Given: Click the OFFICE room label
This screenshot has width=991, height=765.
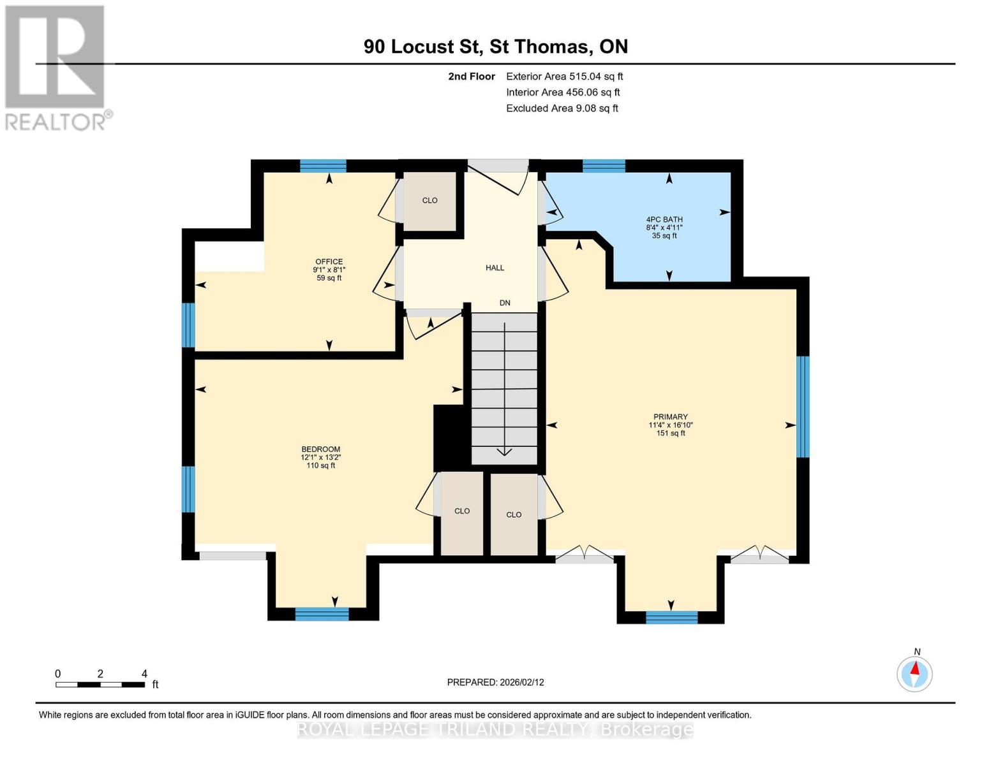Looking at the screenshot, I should [329, 261].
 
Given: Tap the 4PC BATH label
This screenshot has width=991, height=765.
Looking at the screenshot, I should [664, 219].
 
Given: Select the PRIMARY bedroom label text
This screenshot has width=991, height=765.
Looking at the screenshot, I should [670, 417].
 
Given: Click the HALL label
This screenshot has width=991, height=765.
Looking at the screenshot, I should [495, 268].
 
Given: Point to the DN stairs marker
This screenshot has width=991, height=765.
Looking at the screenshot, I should [505, 303].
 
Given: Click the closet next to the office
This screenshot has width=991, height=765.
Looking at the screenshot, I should [429, 200].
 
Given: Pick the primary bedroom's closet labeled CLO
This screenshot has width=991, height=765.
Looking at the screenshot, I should [514, 514].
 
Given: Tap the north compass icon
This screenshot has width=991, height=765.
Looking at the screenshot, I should [914, 674].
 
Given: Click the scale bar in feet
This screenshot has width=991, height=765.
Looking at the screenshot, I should [100, 685].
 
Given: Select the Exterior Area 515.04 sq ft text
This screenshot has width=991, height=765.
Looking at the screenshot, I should [564, 76].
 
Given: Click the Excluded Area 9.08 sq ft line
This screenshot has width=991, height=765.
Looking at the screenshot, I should [562, 108].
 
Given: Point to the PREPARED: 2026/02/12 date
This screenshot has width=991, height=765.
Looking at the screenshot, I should [495, 682].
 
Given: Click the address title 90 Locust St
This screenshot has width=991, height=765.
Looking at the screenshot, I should [495, 47].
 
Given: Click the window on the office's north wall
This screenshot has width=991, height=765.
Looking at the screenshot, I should [323, 166].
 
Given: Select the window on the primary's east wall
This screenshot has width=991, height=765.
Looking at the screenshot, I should [803, 406].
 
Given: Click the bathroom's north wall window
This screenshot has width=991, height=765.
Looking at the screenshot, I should [604, 166].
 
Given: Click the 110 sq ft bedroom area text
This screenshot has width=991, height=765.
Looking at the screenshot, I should [320, 465].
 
